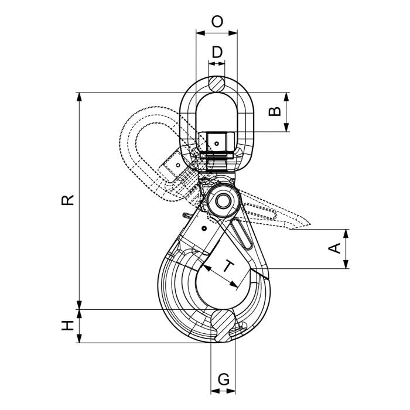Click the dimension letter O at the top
[217, 22]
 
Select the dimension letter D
[217, 52]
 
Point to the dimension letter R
[68, 200]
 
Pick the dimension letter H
[68, 326]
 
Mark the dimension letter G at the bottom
[223, 379]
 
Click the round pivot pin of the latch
[224, 200]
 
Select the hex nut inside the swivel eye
[216, 142]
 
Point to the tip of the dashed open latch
[308, 223]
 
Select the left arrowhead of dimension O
[199, 33]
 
